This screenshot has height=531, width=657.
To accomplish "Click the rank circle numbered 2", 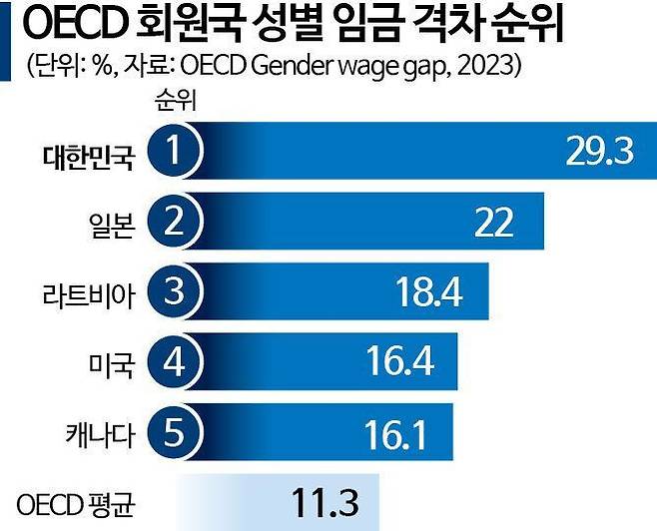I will click(x=175, y=221).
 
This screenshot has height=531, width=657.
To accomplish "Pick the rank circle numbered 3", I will click(x=175, y=292).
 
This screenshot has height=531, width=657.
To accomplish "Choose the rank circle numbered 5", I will click(x=175, y=432).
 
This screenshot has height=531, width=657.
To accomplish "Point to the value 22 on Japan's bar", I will click(x=493, y=222).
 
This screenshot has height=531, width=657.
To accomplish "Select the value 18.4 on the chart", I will click(x=429, y=292).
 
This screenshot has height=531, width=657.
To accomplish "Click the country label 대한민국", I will click(x=88, y=156).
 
